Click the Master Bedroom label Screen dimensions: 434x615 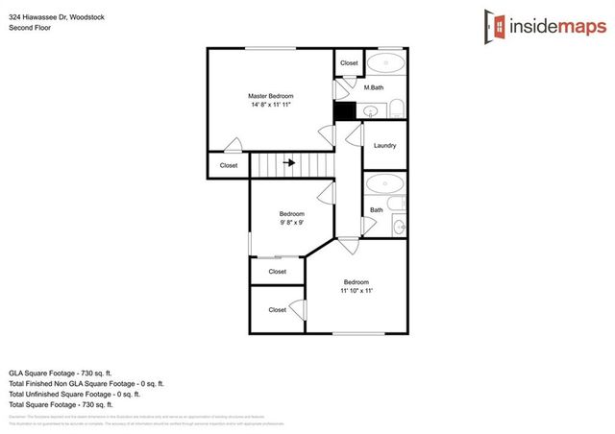click(270, 96)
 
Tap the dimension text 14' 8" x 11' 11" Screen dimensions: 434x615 click(270, 105)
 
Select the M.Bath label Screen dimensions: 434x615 click(375, 88)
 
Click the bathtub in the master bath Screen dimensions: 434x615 click(386, 64)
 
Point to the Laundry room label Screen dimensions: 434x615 click(385, 146)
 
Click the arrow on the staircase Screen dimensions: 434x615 click(288, 164)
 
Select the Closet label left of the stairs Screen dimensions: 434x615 click(229, 165)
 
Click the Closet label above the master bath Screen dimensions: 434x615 click(349, 63)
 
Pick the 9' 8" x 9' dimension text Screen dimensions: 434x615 click(291, 222)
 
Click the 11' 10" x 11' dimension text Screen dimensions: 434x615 click(357, 290)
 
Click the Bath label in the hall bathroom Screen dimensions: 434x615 click(376, 209)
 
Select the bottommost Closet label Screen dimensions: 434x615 click(277, 309)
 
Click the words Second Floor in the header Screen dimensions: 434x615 click(29, 28)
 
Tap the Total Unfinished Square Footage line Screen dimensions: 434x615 click(75, 394)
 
